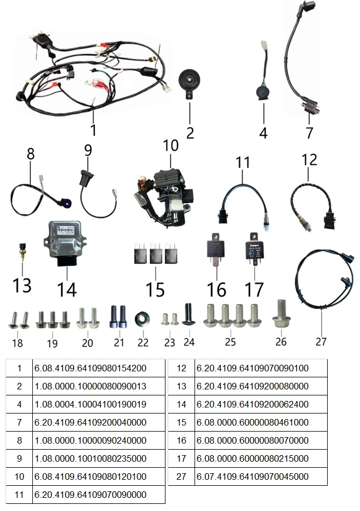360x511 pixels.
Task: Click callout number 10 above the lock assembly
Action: [170, 146]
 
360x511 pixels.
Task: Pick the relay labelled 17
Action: [254, 248]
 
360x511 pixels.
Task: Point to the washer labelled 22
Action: [144, 319]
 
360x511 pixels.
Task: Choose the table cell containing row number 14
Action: [181, 404]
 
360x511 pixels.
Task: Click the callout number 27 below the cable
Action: [321, 341]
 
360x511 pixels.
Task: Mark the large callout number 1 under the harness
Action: [93, 130]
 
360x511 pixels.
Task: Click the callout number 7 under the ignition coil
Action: [309, 132]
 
